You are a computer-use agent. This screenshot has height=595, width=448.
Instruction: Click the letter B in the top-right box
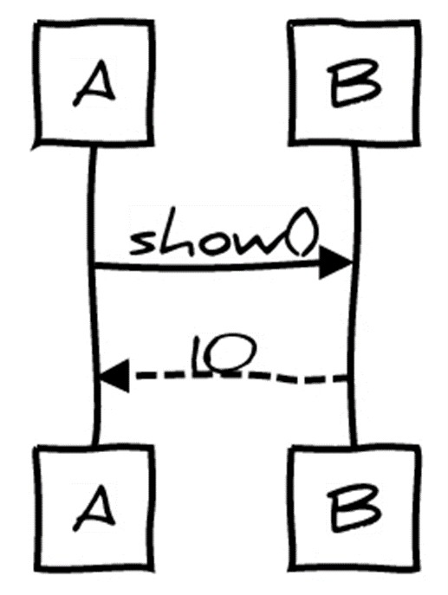tap(354, 83)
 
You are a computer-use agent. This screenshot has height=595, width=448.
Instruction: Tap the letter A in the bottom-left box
tap(94, 508)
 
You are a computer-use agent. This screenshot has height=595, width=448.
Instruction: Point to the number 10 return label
tap(224, 355)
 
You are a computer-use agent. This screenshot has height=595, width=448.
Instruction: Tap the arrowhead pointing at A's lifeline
tap(114, 376)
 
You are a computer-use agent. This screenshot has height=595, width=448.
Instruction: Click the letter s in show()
tap(142, 243)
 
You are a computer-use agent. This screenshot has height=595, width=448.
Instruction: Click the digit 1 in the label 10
tap(198, 356)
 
